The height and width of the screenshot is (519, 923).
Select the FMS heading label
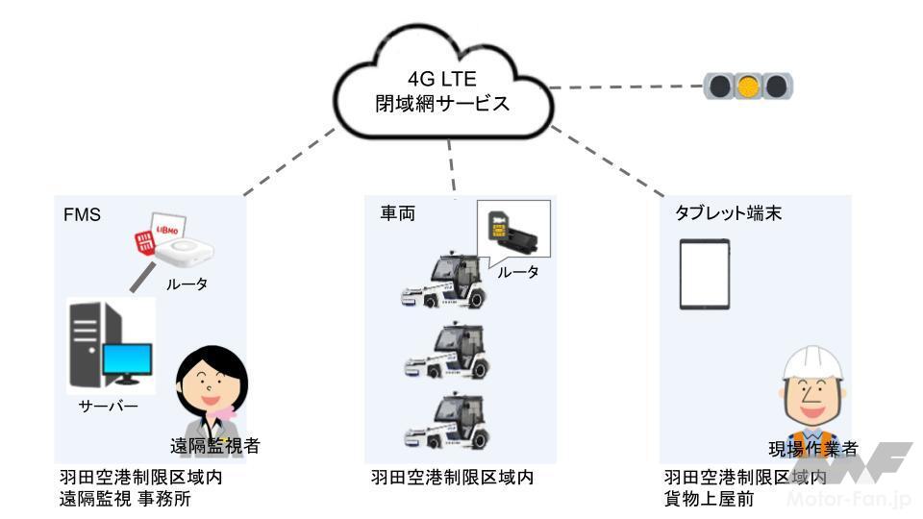click(x=81, y=212)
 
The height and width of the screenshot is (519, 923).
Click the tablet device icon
click(x=706, y=274)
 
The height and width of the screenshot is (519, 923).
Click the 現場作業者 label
click(x=812, y=447)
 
